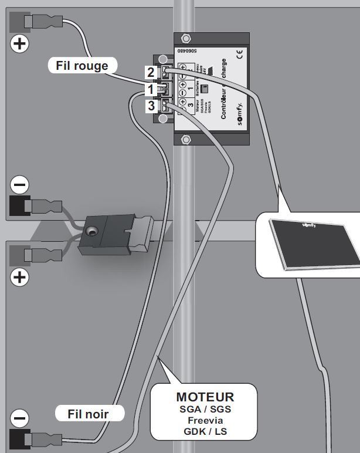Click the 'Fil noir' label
[90, 413]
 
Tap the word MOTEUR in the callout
[205, 397]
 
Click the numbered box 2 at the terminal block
[151, 73]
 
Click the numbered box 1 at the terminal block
[151, 90]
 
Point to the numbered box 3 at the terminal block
[151, 106]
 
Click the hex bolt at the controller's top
[186, 39]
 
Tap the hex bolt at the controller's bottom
[186, 139]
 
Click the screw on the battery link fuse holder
[92, 233]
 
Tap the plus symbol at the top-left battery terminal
[19, 43]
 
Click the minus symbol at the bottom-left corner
[19, 418]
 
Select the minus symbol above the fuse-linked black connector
[19, 185]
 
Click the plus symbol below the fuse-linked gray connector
[19, 276]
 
